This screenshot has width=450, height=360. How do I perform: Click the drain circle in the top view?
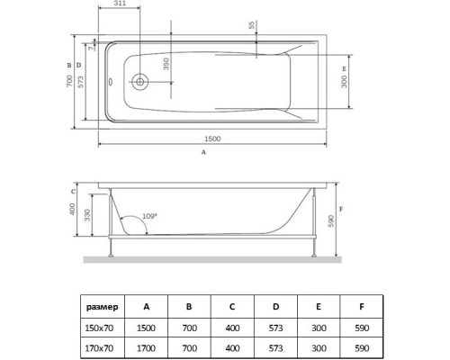pyautogui.click(x=140, y=82)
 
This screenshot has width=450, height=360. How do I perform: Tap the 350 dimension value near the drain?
pyautogui.click(x=165, y=65)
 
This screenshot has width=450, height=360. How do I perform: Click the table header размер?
pyautogui.click(x=100, y=305)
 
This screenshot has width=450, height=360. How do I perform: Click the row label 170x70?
pyautogui.click(x=100, y=346)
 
